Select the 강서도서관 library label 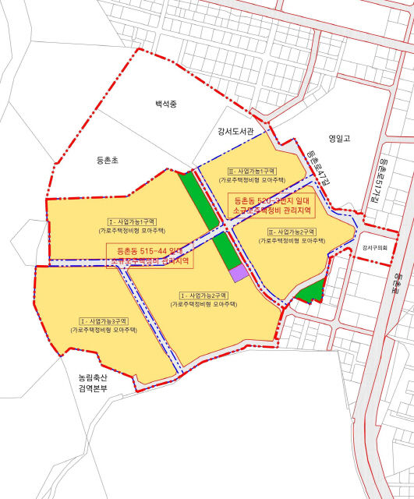[236, 131]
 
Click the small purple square [238, 272]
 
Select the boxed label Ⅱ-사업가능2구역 [292, 232]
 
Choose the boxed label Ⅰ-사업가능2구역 [203, 296]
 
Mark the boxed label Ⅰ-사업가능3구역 [104, 321]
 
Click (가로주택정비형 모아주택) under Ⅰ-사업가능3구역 [104, 331]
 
